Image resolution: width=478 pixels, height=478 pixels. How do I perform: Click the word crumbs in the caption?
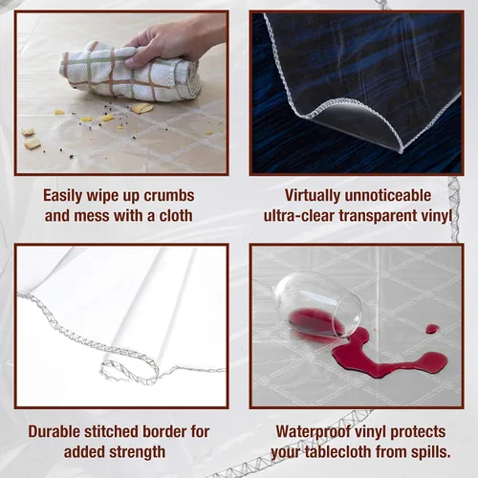169,196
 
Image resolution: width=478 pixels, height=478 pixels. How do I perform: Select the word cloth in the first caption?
176,216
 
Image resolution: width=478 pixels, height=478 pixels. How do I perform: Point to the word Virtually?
313,196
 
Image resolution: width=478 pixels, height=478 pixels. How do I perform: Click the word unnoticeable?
388,195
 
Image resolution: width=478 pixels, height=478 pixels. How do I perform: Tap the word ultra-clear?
300,216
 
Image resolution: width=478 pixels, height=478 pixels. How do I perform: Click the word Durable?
54,431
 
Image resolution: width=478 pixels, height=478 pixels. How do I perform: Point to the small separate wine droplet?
432,329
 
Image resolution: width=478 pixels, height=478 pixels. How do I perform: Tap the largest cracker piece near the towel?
141,108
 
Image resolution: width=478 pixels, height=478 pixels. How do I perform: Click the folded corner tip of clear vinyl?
402,151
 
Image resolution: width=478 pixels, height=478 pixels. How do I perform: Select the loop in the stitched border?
127,370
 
